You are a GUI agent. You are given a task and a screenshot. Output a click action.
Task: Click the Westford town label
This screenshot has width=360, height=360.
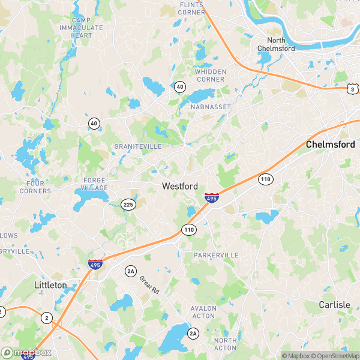point(180,187)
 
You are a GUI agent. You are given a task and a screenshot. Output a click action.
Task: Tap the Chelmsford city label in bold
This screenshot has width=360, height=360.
point(331,145)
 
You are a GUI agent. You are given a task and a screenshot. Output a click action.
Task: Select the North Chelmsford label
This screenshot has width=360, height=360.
point(276,44)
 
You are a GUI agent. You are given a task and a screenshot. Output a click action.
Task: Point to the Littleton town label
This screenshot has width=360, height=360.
point(50,285)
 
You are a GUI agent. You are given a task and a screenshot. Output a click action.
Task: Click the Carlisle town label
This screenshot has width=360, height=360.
point(334,305)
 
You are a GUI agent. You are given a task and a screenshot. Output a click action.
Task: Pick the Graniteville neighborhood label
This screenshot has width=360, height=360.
point(138,146)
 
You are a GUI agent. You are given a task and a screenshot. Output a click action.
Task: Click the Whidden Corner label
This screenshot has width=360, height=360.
point(211,76)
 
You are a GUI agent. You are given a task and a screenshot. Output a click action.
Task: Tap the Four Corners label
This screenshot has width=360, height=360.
point(35,187)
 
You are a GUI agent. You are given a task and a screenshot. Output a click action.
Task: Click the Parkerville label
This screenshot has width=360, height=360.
point(216,256)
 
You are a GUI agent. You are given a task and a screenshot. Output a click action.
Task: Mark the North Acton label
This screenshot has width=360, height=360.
point(226,344)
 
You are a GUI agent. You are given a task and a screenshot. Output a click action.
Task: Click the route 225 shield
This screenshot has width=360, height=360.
point(128,204)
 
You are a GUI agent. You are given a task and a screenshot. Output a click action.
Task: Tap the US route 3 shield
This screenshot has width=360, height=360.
point(353,89)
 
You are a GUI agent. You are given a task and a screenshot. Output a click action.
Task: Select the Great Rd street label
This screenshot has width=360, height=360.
point(149,284)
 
